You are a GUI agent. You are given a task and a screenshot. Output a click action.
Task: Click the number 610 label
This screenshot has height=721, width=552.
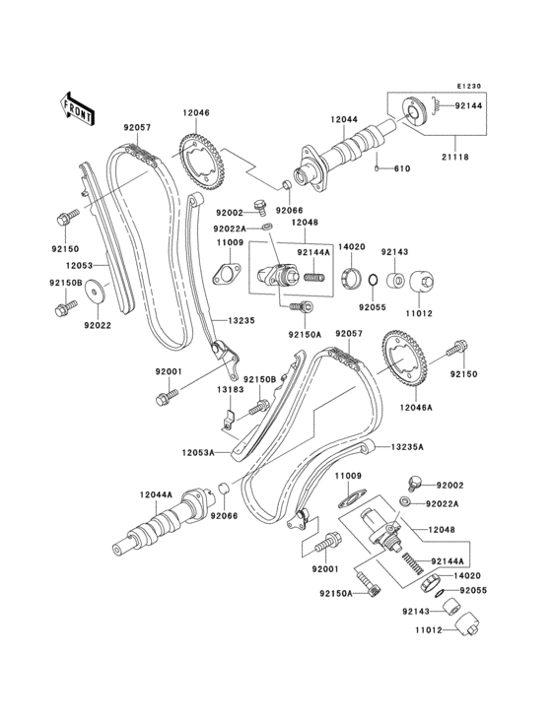tap(401, 169)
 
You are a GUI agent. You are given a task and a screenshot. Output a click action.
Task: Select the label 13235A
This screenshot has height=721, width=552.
tap(406, 446)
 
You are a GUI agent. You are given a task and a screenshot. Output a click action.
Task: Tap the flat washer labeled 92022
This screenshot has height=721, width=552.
tap(96, 294)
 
